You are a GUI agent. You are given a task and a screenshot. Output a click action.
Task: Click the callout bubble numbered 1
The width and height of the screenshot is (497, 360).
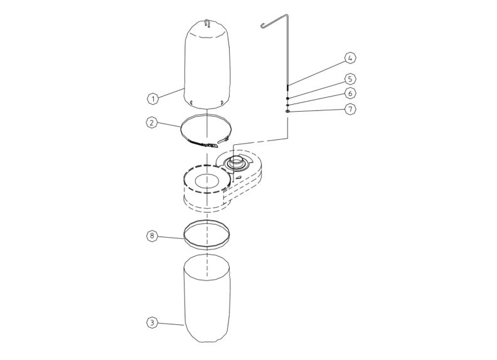point(151,98)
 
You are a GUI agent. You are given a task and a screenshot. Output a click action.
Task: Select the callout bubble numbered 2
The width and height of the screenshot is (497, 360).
point(151,123)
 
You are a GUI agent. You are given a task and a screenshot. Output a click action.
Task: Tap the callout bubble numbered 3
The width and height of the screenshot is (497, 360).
point(151,323)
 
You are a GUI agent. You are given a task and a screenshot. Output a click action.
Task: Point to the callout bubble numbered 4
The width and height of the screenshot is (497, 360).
point(350,58)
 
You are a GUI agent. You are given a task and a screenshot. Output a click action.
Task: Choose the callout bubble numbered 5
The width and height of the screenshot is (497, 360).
point(350,78)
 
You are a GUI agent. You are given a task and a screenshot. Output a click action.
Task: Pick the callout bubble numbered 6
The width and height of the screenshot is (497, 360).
point(350,93)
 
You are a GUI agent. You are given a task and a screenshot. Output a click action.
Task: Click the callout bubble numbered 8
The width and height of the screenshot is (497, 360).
point(151,236)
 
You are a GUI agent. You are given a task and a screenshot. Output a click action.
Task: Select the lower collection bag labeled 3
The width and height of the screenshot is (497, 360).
point(207,301)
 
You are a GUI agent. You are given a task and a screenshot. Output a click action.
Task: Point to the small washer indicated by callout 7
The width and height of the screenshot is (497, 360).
point(287,112)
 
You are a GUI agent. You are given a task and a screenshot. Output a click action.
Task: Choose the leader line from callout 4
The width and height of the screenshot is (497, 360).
point(317,73)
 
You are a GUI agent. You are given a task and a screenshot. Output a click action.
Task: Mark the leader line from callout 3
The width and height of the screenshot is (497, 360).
point(169,324)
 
